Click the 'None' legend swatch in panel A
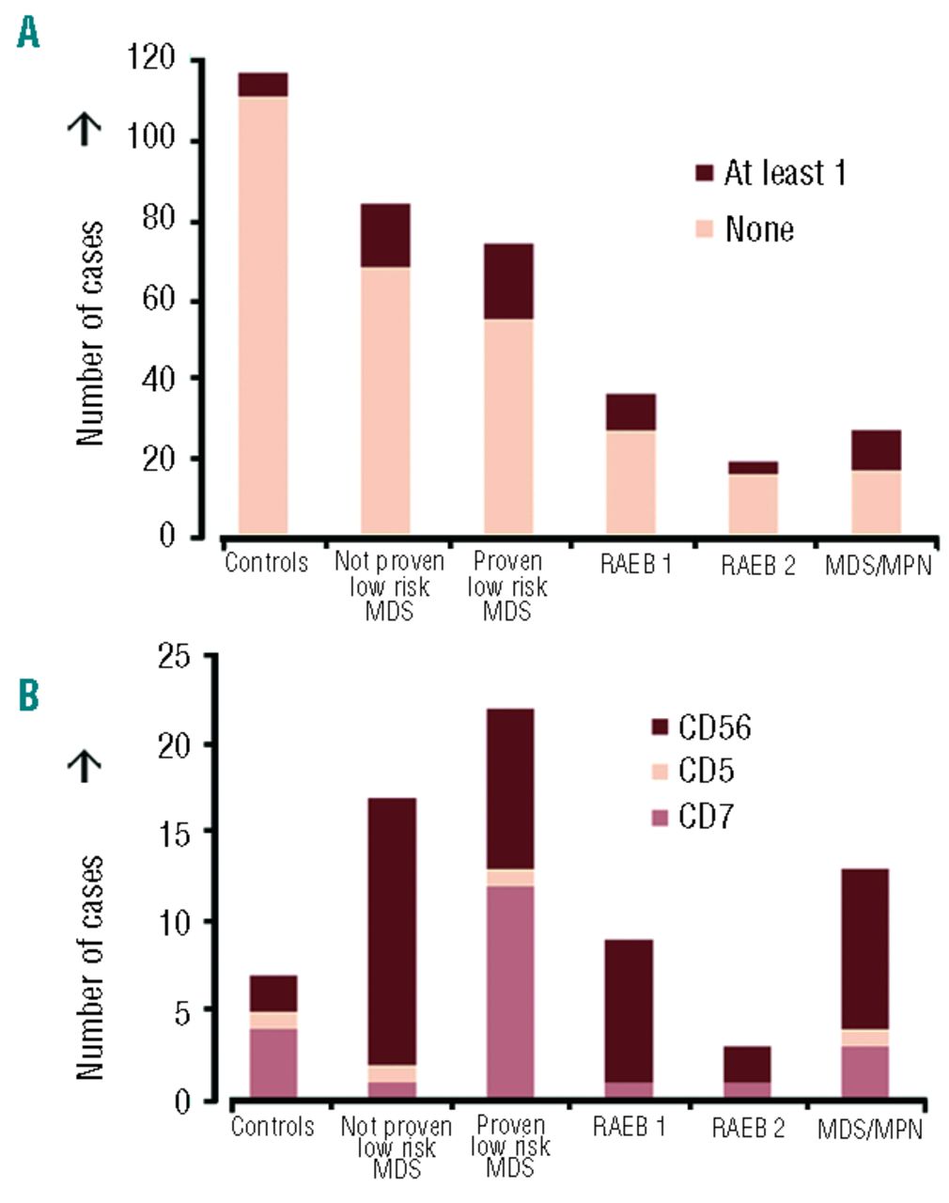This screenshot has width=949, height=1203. click(x=704, y=229)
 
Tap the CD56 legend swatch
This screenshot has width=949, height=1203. click(x=660, y=727)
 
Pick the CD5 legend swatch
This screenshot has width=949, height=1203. click(x=660, y=772)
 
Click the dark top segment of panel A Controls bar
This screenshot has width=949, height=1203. click(x=263, y=85)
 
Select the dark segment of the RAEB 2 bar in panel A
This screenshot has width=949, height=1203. click(x=754, y=467)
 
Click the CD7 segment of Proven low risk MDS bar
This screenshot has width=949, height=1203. click(x=509, y=992)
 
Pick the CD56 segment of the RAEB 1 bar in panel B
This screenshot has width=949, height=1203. click(x=629, y=1010)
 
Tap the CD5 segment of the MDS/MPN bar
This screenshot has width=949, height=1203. click(x=864, y=1038)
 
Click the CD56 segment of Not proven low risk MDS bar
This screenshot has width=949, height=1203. click(x=392, y=930)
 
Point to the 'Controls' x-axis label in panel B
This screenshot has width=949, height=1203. click(x=272, y=1126)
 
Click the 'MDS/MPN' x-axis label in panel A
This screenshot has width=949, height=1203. click(x=878, y=565)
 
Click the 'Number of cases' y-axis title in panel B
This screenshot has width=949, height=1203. click(x=89, y=968)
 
